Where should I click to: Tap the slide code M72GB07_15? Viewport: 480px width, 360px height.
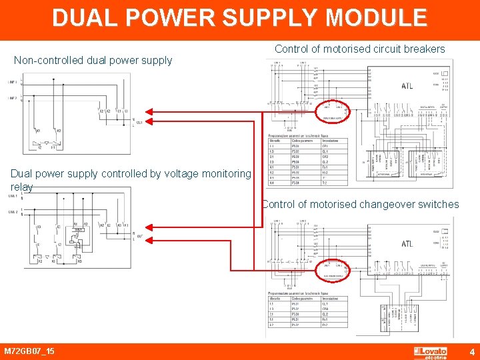pyautogui.click(x=29, y=351)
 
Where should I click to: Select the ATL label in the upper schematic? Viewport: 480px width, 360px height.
pyautogui.click(x=407, y=86)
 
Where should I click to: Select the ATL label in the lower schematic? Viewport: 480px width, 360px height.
pyautogui.click(x=407, y=244)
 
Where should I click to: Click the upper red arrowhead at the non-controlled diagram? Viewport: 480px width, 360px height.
pyautogui.click(x=149, y=111)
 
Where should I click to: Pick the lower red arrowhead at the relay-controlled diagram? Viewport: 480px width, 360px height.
pyautogui.click(x=149, y=238)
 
